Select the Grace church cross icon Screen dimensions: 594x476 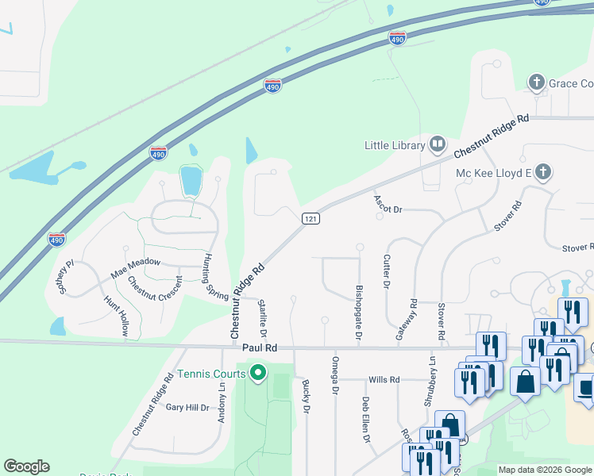tap(537, 83)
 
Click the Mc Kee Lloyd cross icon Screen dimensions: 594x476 tap(542, 172)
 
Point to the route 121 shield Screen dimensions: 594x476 tap(310, 218)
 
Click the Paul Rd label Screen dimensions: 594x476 tap(260, 347)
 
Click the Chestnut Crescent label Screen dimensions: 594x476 tap(154, 294)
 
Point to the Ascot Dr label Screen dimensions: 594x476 tap(389, 205)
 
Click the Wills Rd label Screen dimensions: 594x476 tap(384, 380)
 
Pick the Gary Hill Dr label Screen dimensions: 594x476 tap(187, 408)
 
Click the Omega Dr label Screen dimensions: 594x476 tap(334, 375)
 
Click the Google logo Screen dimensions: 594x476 tap(26, 466)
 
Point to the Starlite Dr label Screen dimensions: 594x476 tap(263, 317)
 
